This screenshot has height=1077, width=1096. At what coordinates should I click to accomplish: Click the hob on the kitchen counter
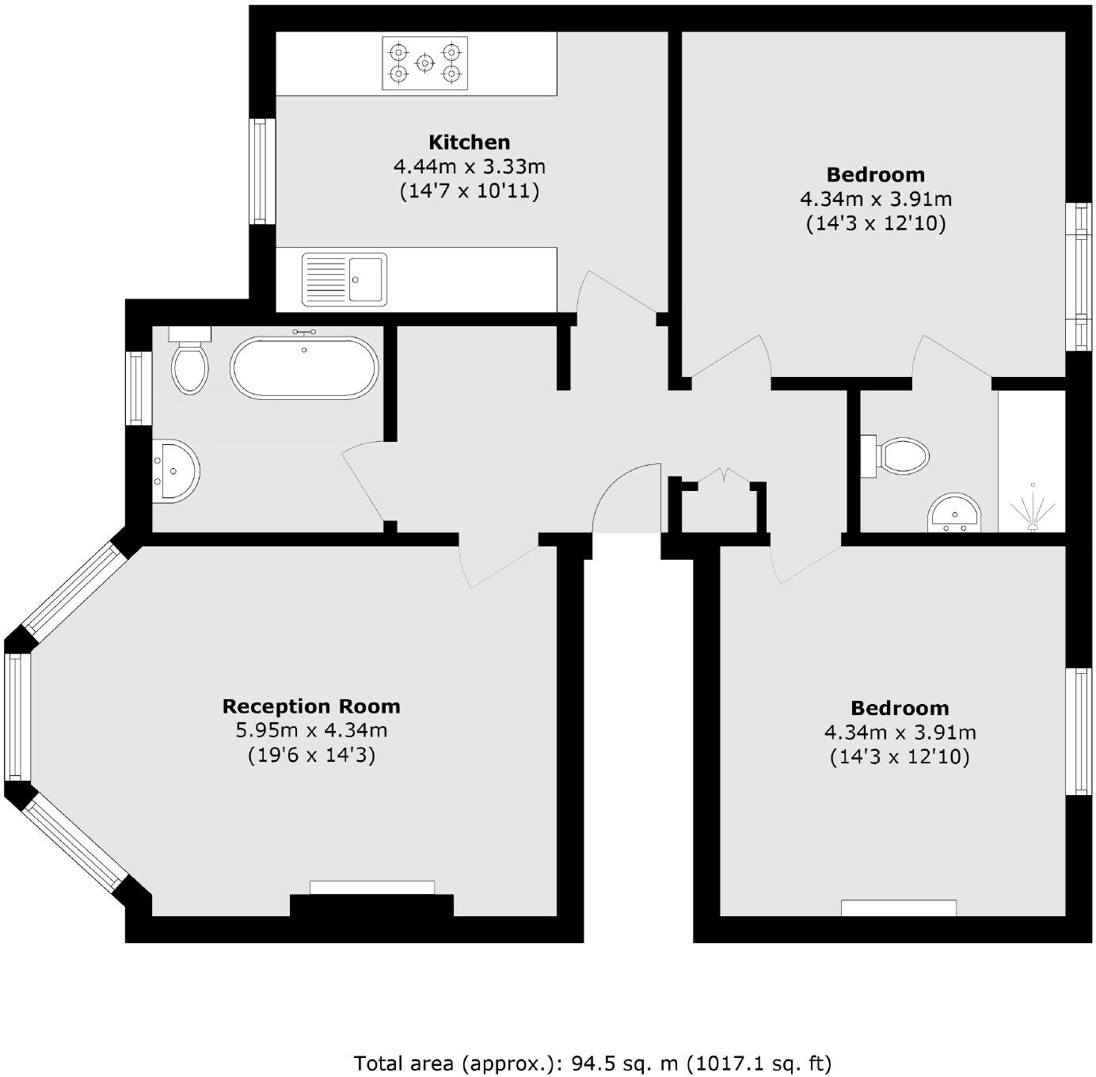tap(424, 63)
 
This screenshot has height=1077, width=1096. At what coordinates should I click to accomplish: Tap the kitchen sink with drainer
tap(344, 279)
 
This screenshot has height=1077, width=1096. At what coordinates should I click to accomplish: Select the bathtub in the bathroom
tap(304, 367)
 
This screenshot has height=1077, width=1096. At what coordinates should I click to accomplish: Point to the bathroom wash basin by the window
tap(175, 470)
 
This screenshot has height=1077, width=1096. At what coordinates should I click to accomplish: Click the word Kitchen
tap(469, 143)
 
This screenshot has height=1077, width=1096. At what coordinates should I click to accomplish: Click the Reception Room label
tap(311, 706)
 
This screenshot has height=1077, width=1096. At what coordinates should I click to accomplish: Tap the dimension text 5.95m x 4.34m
tap(311, 731)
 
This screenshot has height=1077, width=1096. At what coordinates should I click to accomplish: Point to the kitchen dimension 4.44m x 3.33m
tap(469, 167)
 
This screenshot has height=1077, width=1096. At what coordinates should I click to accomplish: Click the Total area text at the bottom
tap(592, 1062)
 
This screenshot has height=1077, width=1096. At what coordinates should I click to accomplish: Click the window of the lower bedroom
tap(1079, 731)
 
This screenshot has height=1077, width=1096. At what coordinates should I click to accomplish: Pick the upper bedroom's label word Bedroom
tap(875, 174)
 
